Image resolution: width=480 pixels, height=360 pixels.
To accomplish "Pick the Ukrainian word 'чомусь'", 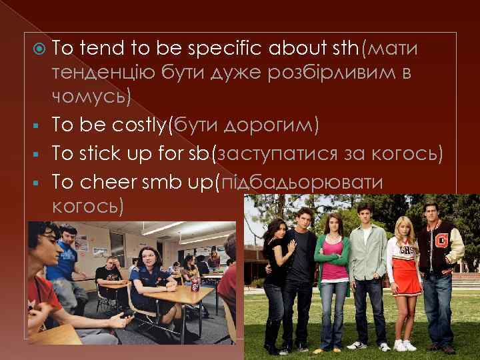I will tap(91, 97).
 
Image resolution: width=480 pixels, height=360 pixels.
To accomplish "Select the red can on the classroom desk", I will tap(195, 285).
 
